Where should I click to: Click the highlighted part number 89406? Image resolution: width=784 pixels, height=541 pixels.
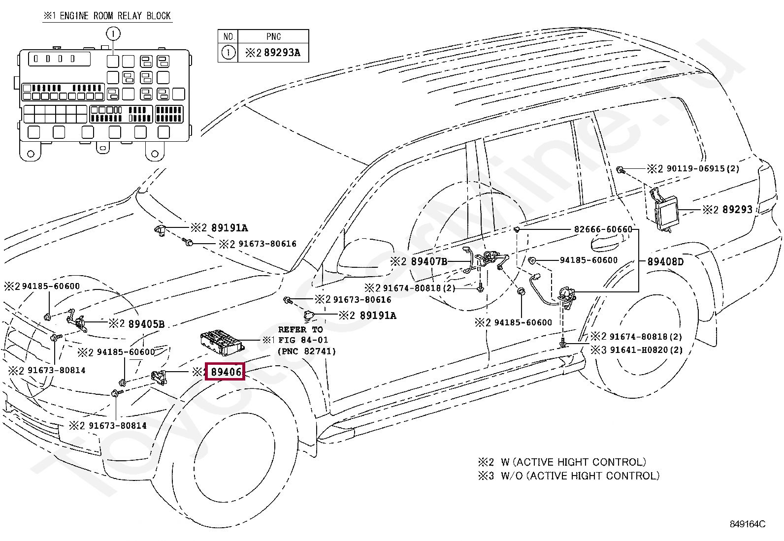pos(226,372)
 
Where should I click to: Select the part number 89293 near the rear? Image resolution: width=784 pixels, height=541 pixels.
pos(737,210)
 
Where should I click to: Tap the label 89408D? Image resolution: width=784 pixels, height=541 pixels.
pos(665,262)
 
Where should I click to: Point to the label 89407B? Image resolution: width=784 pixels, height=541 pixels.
pos(429,261)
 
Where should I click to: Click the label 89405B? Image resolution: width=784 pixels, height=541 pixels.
pos(146,324)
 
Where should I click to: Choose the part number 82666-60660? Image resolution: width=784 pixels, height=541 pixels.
pos(603,229)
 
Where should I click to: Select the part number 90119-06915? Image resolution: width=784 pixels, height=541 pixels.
pos(695,169)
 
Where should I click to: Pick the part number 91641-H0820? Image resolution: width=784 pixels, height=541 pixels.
pos(639,350)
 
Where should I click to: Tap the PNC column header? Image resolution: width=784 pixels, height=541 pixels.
pos(273,36)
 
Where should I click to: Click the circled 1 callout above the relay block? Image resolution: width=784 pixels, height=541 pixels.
pos(113,34)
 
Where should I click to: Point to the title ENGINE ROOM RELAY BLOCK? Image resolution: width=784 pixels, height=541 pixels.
pos(115,16)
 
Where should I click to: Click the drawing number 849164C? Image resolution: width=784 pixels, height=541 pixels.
pos(748,524)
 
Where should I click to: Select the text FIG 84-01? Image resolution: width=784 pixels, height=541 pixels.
pos(303,340)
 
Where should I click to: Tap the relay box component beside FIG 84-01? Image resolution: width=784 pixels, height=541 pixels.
pos(223,342)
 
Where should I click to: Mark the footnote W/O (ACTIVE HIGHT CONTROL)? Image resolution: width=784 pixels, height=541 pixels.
pos(580,476)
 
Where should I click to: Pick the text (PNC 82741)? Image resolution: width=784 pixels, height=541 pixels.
pos(307,351)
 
